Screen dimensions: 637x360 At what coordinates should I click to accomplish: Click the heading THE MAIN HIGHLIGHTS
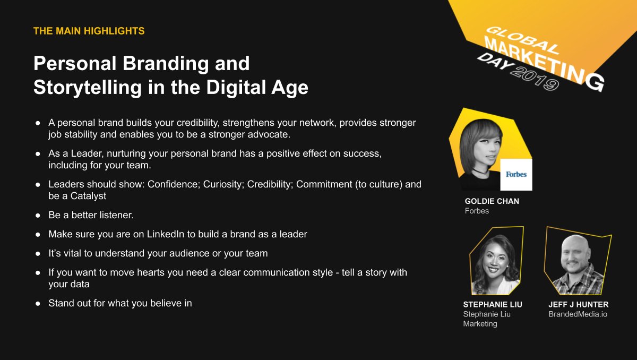click(x=89, y=31)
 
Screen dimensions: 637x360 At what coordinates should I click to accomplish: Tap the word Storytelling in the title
click(x=88, y=87)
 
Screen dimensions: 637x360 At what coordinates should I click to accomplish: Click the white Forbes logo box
click(x=516, y=174)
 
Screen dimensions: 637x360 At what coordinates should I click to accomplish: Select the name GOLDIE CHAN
click(x=492, y=201)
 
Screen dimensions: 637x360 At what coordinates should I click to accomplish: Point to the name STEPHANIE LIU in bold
click(x=493, y=304)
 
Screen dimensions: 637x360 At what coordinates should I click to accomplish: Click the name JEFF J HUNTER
click(x=579, y=304)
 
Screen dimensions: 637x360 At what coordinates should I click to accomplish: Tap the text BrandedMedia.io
click(x=578, y=314)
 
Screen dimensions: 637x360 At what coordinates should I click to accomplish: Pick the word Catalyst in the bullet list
click(x=88, y=196)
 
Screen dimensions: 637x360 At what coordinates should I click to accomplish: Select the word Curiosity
click(x=223, y=184)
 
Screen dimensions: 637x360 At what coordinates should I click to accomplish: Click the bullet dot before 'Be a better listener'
click(x=38, y=216)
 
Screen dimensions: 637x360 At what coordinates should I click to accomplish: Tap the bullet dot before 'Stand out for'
click(x=38, y=304)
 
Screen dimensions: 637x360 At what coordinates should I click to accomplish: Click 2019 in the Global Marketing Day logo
click(x=535, y=79)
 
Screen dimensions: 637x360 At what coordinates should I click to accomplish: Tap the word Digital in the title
click(x=236, y=87)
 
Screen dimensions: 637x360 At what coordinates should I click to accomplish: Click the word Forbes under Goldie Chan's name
click(x=477, y=211)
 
